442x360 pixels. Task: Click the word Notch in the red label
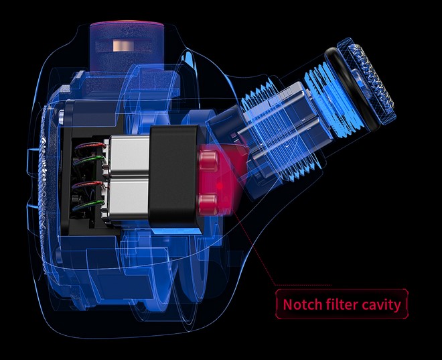(x=302, y=304)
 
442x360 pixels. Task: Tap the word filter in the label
(x=342, y=304)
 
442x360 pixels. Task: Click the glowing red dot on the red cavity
(x=220, y=186)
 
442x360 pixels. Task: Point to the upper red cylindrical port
(x=209, y=160)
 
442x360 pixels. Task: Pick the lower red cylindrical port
(x=208, y=204)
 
